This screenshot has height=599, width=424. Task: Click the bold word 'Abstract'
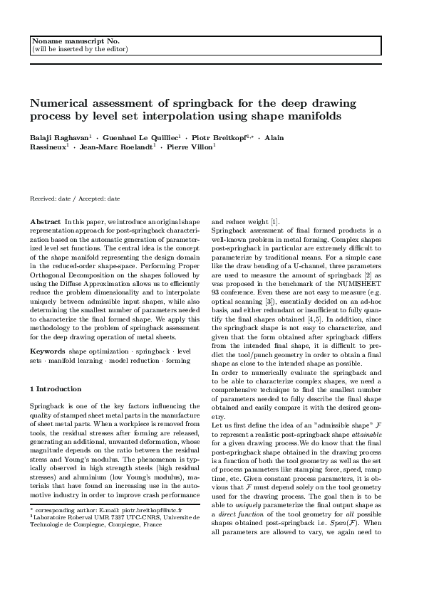pos(45,223)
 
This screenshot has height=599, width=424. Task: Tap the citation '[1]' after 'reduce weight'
pos(276,223)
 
